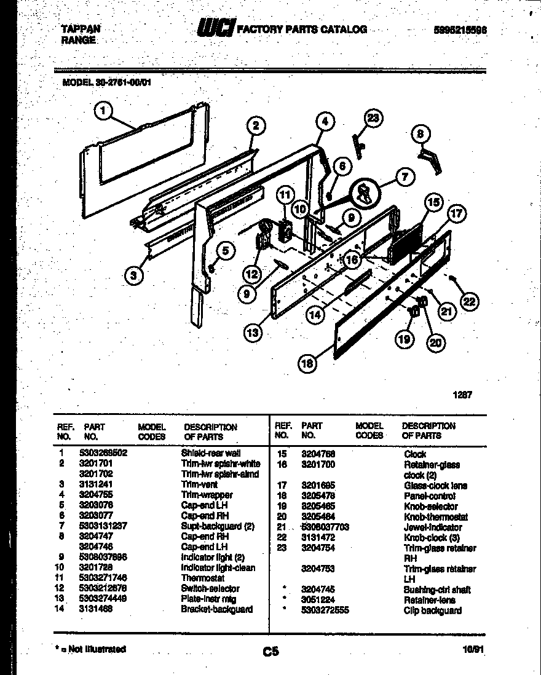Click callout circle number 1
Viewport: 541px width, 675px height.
(x=103, y=111)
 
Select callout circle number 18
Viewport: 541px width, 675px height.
(x=307, y=363)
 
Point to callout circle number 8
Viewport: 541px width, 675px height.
(x=420, y=133)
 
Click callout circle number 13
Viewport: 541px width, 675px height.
(x=253, y=333)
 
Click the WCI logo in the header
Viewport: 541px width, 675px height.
(x=215, y=29)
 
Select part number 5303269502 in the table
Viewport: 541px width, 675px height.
(x=103, y=453)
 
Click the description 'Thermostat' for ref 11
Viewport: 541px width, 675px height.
(x=203, y=578)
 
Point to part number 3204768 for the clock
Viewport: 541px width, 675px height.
(x=318, y=454)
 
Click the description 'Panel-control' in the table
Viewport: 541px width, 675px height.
(x=429, y=496)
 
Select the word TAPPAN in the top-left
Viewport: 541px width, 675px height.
(x=81, y=28)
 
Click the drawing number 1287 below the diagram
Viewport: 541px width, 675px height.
(x=462, y=395)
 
